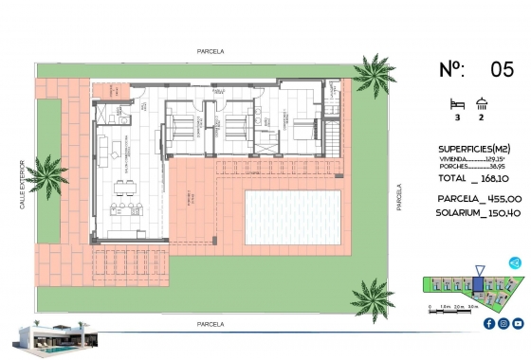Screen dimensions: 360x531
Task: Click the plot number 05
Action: [502, 69]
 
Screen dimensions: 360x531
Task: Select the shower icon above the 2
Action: [482, 103]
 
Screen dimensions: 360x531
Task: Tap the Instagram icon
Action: [503, 324]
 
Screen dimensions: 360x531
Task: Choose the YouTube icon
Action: [517, 324]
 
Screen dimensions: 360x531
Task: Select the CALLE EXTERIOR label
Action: [21, 189]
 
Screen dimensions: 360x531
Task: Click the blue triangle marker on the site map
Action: [479, 281]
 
